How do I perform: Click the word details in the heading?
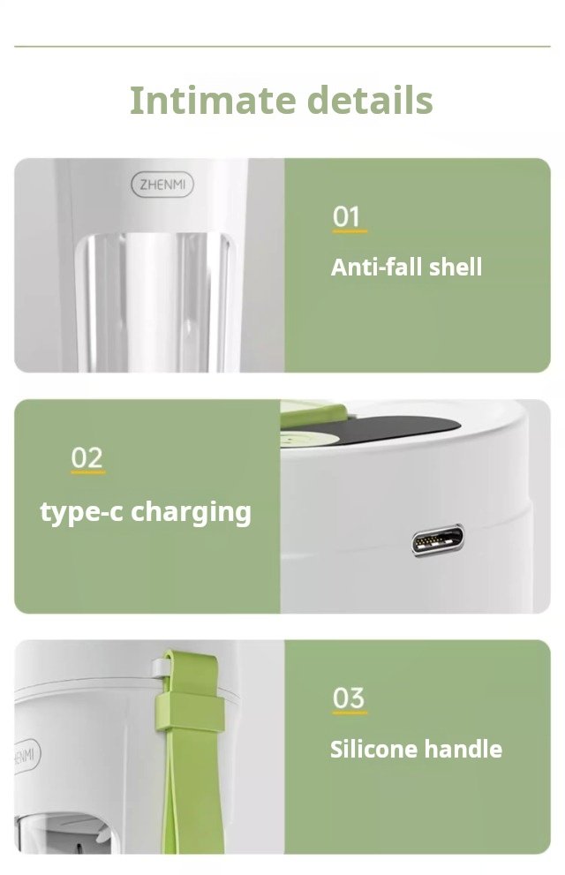tap(371, 101)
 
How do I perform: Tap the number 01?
tap(346, 216)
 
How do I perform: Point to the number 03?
tap(349, 698)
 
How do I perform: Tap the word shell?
tap(456, 267)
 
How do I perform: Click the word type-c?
tap(81, 513)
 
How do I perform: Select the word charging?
tap(191, 513)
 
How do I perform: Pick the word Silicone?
tap(373, 749)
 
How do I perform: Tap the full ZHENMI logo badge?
tap(162, 185)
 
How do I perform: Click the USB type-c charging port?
tap(438, 540)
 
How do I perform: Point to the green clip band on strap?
tap(190, 713)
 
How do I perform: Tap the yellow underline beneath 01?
tap(350, 231)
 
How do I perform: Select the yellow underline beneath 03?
tap(350, 713)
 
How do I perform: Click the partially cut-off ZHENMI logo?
tap(26, 757)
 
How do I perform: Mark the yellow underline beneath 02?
tap(88, 472)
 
